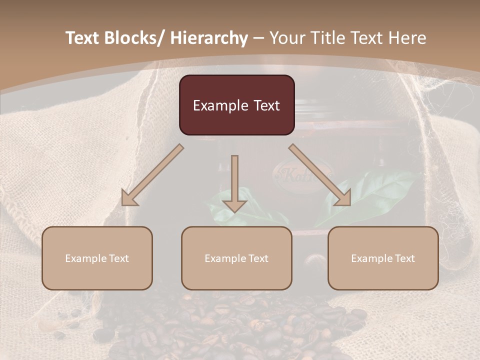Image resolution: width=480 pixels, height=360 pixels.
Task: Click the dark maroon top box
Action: (236, 105)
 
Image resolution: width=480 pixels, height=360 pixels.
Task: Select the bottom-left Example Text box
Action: (97, 258)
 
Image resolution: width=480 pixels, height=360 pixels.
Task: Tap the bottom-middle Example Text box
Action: (236, 258)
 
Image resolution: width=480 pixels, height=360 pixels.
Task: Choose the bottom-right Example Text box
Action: (383, 258)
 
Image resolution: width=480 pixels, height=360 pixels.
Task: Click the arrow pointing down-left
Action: (152, 175)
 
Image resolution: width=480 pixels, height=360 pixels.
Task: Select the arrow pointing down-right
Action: (320, 175)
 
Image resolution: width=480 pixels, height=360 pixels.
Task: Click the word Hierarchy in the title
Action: (209, 38)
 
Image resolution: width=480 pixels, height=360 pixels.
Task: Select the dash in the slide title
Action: (258, 38)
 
